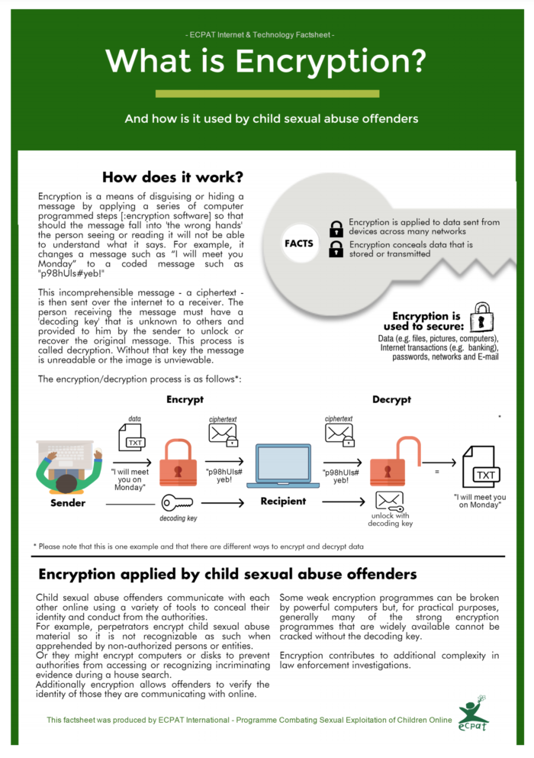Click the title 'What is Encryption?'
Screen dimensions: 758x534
(x=266, y=60)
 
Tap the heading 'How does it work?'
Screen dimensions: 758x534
(x=172, y=177)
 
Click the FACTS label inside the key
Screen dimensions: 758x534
(x=299, y=244)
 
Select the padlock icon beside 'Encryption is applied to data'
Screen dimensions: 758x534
(x=336, y=227)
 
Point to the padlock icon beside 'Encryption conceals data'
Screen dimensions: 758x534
(x=336, y=248)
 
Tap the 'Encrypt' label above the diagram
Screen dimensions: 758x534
(x=185, y=399)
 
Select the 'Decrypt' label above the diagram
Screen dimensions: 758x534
(x=392, y=399)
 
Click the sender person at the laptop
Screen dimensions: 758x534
(x=69, y=467)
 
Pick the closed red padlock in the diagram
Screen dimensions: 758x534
(x=177, y=466)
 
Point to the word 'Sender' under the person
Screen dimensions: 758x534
(x=68, y=503)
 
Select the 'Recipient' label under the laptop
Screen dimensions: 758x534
(x=282, y=502)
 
